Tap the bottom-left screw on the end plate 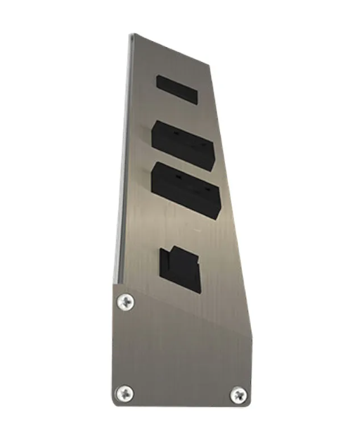[124, 393]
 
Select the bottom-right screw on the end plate [239, 395]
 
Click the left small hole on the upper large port [172, 130]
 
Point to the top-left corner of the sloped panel [131, 34]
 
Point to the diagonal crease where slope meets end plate [183, 309]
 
